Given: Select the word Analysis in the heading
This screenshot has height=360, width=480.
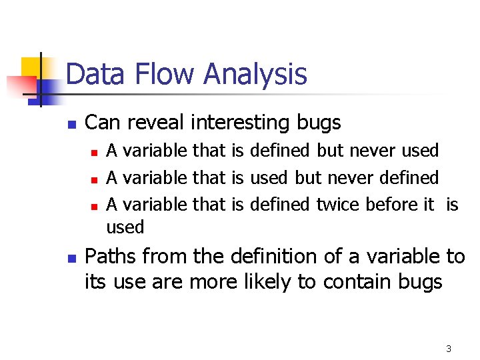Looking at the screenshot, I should pos(255,74).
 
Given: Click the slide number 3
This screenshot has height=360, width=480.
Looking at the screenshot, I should pos(449,349).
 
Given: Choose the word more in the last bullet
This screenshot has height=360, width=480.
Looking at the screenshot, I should pos(213,282).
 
